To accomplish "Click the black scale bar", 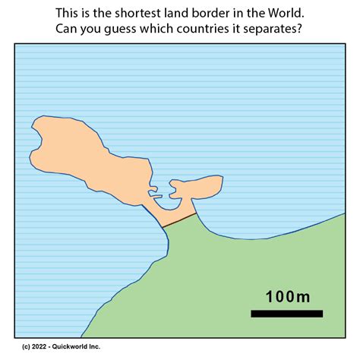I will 286,314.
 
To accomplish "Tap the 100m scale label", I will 287,296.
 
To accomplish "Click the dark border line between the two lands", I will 180,220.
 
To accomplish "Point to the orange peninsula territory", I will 84,152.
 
